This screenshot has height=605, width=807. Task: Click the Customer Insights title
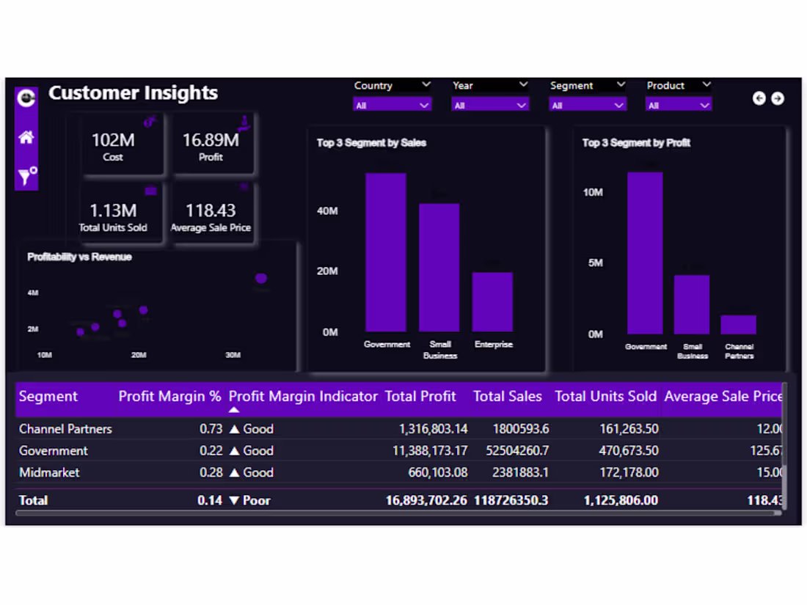point(133,93)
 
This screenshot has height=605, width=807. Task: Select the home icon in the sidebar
point(26,137)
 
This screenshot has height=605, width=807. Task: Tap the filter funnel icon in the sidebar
point(26,176)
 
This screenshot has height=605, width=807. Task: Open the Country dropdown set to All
point(392,106)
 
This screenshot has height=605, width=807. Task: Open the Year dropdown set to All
point(489,106)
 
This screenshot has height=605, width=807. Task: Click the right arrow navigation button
point(778,98)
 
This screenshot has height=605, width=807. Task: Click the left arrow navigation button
point(759,98)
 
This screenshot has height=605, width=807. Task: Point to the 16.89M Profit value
point(211,140)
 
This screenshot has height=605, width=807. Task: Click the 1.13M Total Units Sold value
point(113,211)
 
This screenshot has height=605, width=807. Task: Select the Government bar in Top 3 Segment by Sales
point(386,253)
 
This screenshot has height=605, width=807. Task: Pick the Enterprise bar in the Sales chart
point(492,302)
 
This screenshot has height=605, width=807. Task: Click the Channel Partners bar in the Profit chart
point(738,325)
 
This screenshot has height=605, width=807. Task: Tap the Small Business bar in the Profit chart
point(692,304)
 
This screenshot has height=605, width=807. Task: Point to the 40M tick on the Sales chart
point(327,211)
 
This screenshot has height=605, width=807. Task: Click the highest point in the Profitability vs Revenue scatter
point(260,279)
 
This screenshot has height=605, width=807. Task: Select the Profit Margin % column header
point(169,397)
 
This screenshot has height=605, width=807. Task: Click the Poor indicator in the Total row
point(250,501)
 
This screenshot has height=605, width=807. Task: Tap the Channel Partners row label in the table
point(65,429)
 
